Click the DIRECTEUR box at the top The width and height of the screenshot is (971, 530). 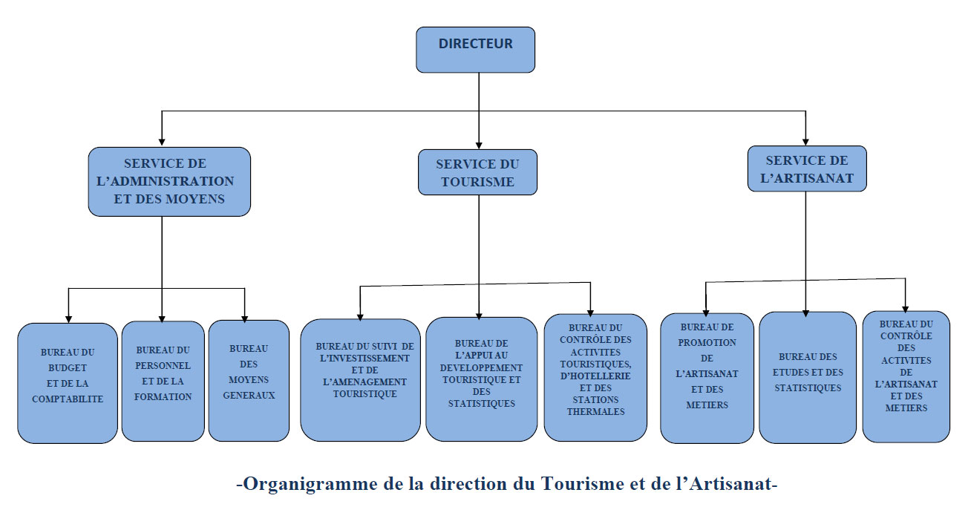click(475, 50)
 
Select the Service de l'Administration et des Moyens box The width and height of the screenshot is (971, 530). click(169, 181)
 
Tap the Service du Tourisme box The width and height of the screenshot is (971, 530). click(477, 172)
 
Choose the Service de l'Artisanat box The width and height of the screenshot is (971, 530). click(806, 169)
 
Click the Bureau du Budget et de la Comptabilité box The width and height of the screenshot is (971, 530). click(68, 382)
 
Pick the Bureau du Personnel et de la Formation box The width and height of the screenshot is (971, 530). click(163, 381)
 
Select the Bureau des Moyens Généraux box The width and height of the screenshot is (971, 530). click(249, 380)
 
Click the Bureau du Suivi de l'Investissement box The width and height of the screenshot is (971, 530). click(360, 379)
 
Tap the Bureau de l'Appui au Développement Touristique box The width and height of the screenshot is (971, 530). click(481, 379)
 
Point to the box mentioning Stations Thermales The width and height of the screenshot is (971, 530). click(595, 377)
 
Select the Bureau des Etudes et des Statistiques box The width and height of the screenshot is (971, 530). click(808, 377)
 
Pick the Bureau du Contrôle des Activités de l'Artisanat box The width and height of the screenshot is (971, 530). click(906, 376)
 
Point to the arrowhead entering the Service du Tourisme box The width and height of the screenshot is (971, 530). click(479, 145)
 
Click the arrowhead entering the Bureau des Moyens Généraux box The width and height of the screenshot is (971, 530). click(245, 315)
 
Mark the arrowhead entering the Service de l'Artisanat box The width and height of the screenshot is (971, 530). click(806, 141)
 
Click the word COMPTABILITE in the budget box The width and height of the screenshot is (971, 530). click(68, 399)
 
